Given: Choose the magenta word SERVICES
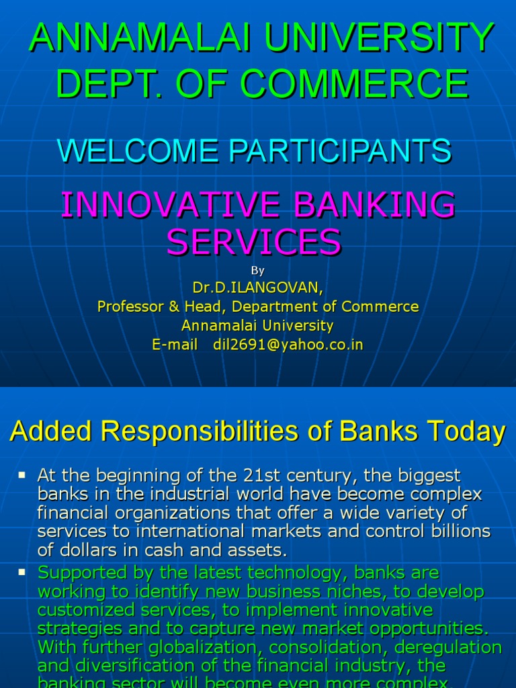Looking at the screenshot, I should pyautogui.click(x=254, y=242).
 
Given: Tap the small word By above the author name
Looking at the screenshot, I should pyautogui.click(x=257, y=271).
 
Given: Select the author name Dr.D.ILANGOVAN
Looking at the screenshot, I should pyautogui.click(x=257, y=288).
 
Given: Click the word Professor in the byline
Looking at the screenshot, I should pyautogui.click(x=131, y=307).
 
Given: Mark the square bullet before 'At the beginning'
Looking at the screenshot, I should pyautogui.click(x=22, y=475).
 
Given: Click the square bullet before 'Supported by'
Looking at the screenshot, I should pyautogui.click(x=22, y=572).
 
